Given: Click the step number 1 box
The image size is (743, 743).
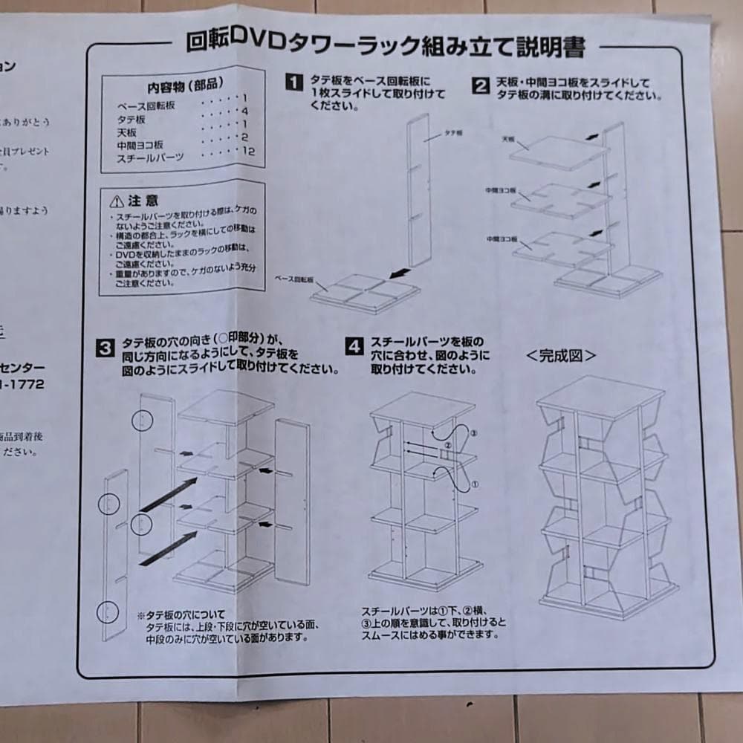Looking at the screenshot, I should point(295,82).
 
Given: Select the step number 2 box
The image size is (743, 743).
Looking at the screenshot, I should point(481,86).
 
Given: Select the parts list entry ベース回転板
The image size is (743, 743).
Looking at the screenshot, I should point(146,106).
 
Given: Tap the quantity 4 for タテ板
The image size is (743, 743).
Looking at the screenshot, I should point(244,111).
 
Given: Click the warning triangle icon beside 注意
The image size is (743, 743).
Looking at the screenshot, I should point(115,201).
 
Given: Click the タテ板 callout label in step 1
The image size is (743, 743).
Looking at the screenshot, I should point(454,132).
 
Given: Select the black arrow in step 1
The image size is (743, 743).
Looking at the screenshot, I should point(402,274).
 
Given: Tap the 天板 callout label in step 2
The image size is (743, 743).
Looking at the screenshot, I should point(509,138).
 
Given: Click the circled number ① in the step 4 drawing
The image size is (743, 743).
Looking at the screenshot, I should point(474,484).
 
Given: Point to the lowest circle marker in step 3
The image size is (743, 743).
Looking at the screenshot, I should point(109,613).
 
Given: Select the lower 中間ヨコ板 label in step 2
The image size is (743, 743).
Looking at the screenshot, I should point(502,239).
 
